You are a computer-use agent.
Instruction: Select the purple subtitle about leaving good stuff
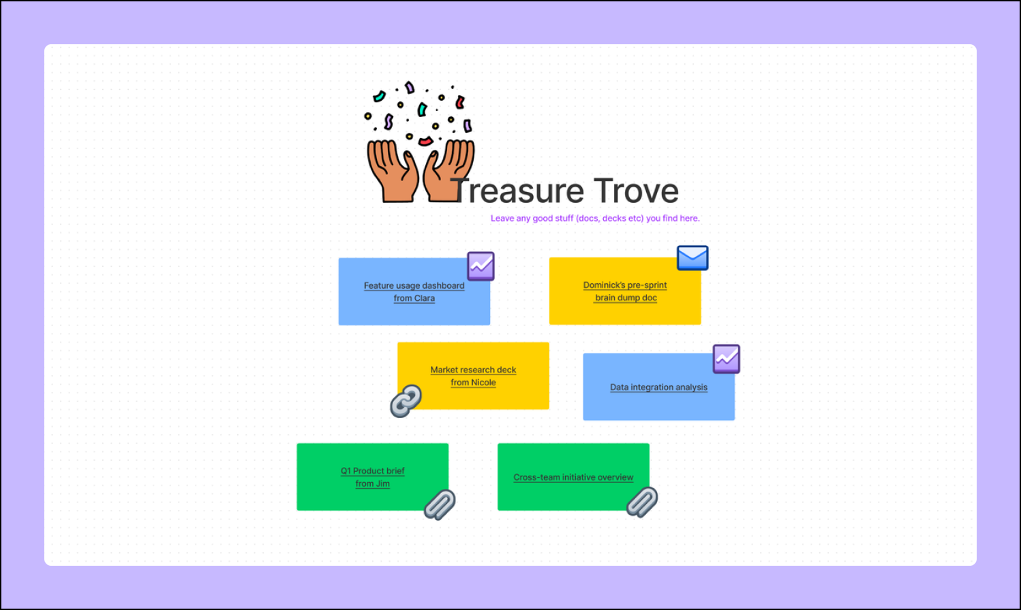pyautogui.click(x=595, y=219)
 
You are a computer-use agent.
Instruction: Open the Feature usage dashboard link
pyautogui.click(x=414, y=286)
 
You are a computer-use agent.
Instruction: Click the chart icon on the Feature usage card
pyautogui.click(x=481, y=266)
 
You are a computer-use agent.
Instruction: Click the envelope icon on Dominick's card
pyautogui.click(x=692, y=258)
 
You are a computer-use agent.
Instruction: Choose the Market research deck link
pyautogui.click(x=473, y=370)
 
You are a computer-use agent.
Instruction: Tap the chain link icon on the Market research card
pyautogui.click(x=406, y=401)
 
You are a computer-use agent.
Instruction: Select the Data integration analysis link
pyautogui.click(x=658, y=387)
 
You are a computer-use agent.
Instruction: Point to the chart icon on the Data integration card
pyautogui.click(x=727, y=359)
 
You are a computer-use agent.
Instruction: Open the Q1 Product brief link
pyautogui.click(x=373, y=471)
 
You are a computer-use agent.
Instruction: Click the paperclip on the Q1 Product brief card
pyautogui.click(x=440, y=504)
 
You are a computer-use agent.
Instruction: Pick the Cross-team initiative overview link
pyautogui.click(x=573, y=477)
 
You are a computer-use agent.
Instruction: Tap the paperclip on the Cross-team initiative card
pyautogui.click(x=642, y=502)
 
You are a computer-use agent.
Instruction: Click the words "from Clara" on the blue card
pyautogui.click(x=414, y=298)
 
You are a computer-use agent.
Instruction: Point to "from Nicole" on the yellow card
pyautogui.click(x=473, y=383)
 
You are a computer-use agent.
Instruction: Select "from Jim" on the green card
pyautogui.click(x=373, y=484)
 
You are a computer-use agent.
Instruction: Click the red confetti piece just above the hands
pyautogui.click(x=425, y=142)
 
